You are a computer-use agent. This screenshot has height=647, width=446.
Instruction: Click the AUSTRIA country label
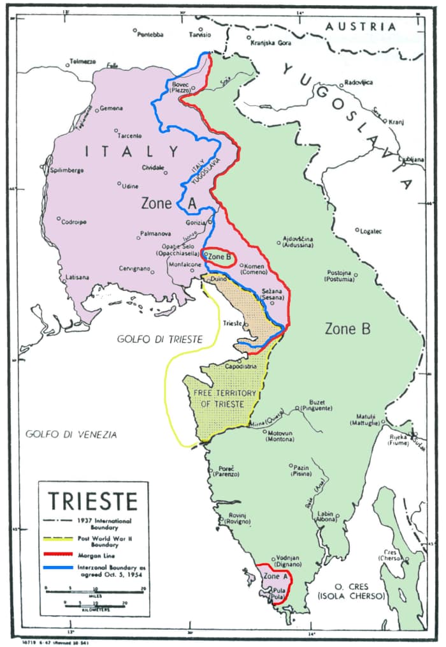(359, 26)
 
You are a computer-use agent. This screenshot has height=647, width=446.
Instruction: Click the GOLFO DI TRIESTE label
(159, 339)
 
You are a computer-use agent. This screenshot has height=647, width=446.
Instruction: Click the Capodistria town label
(243, 367)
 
